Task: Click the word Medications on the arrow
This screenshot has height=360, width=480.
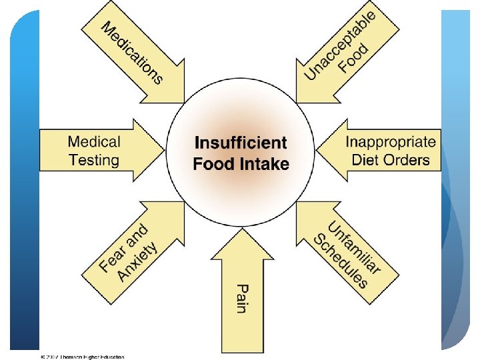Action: (131, 53)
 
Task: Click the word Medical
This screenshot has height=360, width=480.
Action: (94, 141)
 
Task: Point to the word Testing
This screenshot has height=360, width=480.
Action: (94, 160)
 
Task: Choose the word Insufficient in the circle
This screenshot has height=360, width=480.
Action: (241, 143)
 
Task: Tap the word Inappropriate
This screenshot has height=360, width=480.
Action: (391, 141)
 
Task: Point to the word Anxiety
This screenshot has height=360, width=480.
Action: (137, 261)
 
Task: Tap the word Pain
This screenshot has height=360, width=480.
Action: (241, 298)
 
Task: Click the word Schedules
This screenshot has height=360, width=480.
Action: (341, 261)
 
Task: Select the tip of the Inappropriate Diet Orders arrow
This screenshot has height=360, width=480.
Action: (317, 151)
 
